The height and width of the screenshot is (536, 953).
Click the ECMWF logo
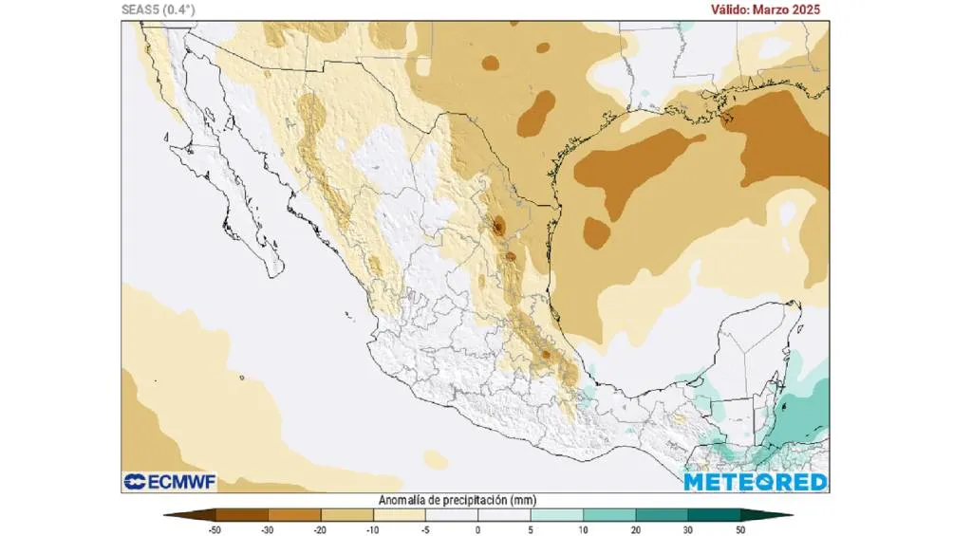[x=170, y=482]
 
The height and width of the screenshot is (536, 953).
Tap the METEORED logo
[x=756, y=482]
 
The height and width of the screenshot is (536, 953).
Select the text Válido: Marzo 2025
[x=765, y=9]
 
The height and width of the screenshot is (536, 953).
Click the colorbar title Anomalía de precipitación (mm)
[x=476, y=500]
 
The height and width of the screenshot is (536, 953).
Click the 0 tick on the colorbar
[x=477, y=528]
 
